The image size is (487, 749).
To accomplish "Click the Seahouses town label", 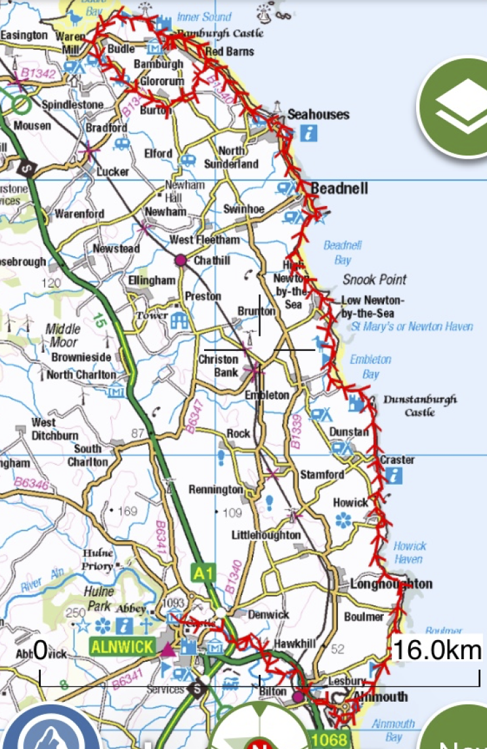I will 318,115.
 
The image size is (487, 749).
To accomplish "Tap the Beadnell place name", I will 339,189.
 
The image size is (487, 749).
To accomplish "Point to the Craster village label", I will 397,460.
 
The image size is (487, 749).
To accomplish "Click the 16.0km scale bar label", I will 436,650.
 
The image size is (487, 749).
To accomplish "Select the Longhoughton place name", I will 391,584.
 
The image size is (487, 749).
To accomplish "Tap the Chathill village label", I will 212,260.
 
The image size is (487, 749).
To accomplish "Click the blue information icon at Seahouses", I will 309,133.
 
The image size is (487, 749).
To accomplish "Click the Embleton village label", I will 266,395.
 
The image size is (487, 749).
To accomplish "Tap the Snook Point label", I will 375,279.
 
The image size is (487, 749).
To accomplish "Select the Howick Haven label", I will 410,552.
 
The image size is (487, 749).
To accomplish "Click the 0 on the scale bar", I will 41,651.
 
